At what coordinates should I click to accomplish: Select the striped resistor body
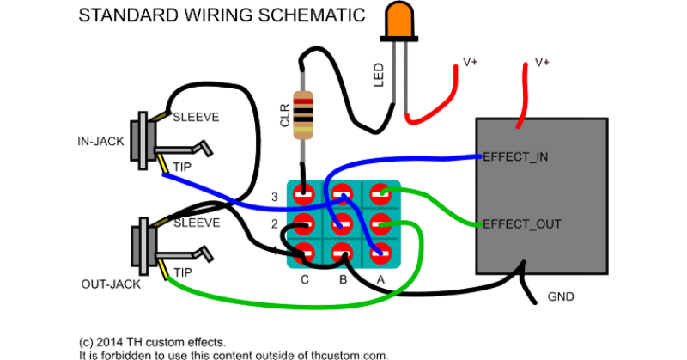tap(303, 114)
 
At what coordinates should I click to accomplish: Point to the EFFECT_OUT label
tap(523, 224)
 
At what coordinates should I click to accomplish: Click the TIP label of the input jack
tap(181, 166)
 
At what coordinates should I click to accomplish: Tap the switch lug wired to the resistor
tap(302, 193)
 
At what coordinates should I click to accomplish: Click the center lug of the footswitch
tap(341, 223)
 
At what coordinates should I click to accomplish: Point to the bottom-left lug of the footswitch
tap(302, 253)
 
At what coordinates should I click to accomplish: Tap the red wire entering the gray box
tap(521, 103)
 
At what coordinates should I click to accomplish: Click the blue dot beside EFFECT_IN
tap(480, 156)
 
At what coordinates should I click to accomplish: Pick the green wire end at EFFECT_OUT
tap(477, 225)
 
